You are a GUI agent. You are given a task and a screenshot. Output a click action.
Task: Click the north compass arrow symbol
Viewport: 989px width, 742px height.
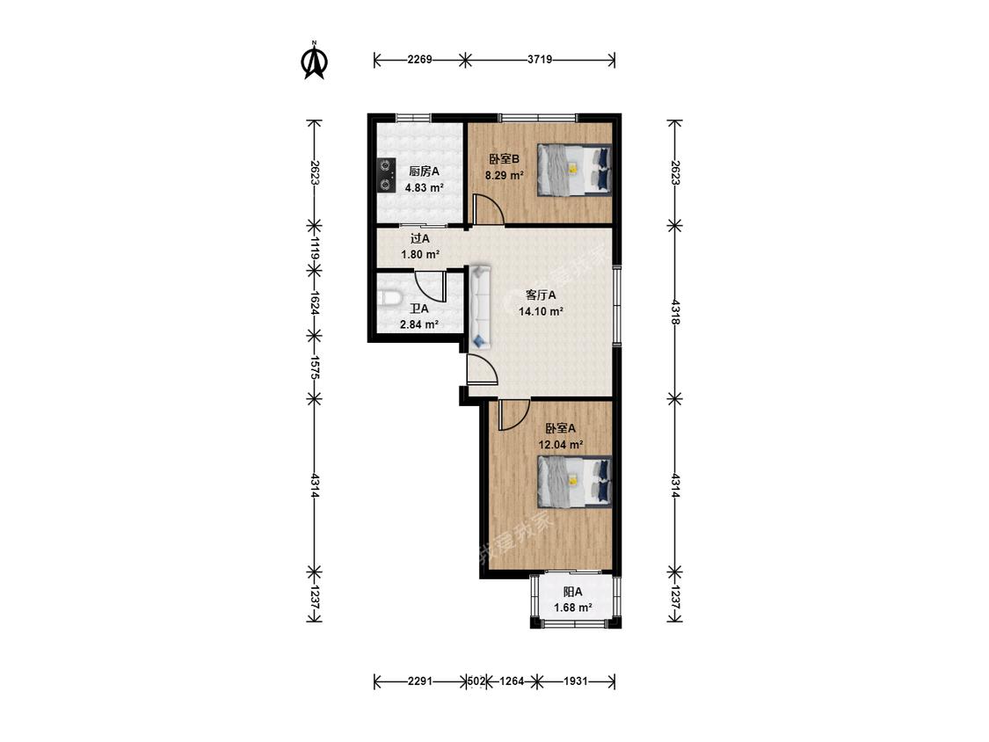pos(315,61)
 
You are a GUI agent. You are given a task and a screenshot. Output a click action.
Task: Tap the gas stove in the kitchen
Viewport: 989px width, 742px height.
pos(385,175)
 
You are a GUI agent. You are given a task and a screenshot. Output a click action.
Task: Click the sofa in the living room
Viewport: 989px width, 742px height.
pos(480,308)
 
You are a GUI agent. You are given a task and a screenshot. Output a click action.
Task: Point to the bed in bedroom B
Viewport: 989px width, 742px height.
pos(574,169)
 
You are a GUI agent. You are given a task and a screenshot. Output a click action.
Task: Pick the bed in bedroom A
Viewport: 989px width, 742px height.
pos(574,482)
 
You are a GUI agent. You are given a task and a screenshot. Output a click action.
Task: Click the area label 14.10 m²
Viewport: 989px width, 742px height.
pos(541,311)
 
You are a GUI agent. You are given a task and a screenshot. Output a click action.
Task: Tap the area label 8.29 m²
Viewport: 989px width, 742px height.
pos(504,176)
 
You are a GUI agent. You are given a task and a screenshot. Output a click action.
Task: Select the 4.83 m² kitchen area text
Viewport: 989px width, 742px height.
pos(424,187)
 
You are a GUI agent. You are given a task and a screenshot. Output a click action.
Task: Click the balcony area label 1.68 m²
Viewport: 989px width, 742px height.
pos(572,607)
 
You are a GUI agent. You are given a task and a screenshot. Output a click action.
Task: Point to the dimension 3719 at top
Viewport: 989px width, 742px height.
pos(540,59)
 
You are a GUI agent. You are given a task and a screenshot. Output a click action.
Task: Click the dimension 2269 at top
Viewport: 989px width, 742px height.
pos(419,59)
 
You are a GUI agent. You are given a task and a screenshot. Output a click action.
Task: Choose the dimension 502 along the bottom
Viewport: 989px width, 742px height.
pos(476,681)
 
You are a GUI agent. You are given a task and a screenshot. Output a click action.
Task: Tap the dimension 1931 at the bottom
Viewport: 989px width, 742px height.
pos(575,681)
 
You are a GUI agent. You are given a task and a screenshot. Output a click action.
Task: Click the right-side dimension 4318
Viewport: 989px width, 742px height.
pos(675,312)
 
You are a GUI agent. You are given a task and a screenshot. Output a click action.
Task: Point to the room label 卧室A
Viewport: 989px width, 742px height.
pos(560,428)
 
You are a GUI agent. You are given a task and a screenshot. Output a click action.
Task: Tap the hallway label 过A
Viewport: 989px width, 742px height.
pos(420,238)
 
